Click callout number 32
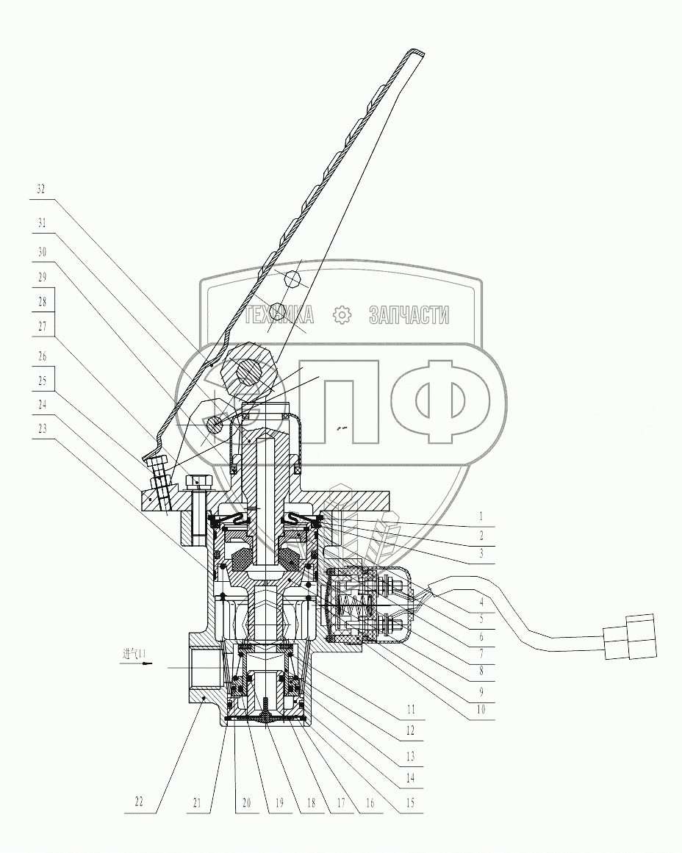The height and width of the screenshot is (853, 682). pos(41,188)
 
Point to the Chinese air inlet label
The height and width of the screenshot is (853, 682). pos(134,652)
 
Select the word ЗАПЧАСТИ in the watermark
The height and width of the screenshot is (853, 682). pos(409,316)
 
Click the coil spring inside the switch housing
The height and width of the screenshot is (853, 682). pos(352,609)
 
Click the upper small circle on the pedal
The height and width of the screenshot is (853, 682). pos(291,279)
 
